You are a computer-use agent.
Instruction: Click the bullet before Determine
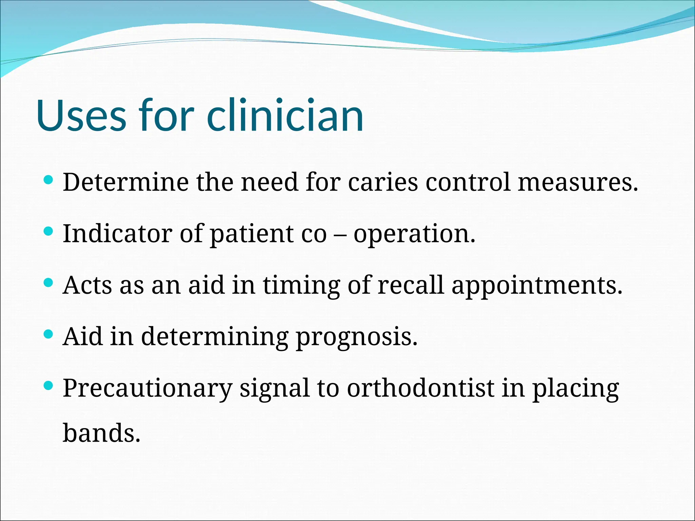pos(49,180)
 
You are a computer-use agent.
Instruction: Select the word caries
pos(383,182)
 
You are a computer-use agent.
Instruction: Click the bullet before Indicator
pos(49,231)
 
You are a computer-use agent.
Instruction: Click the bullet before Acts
pos(49,283)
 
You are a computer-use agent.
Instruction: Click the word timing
pos(301,286)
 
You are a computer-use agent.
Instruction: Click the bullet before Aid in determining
pos(49,334)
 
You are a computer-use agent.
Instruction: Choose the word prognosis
pos(356,337)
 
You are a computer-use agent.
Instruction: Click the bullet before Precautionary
pos(49,385)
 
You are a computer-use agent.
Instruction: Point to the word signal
pos(275,389)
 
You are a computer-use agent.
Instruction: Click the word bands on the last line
pos(101,433)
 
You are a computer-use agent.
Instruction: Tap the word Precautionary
pos(148,388)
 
